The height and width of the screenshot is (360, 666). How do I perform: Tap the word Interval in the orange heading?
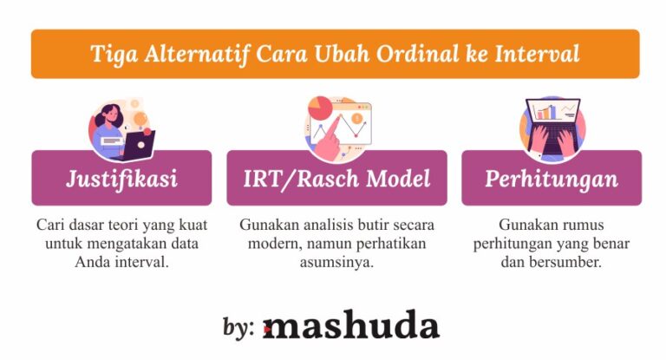point(538,54)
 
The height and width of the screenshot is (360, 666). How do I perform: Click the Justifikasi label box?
point(121,179)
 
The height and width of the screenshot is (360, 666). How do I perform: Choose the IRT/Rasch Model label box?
point(336,179)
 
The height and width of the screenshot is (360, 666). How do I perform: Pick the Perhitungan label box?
point(552,179)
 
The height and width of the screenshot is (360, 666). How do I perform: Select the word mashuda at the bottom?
point(350,327)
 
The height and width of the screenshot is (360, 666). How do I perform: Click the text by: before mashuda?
point(238,328)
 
